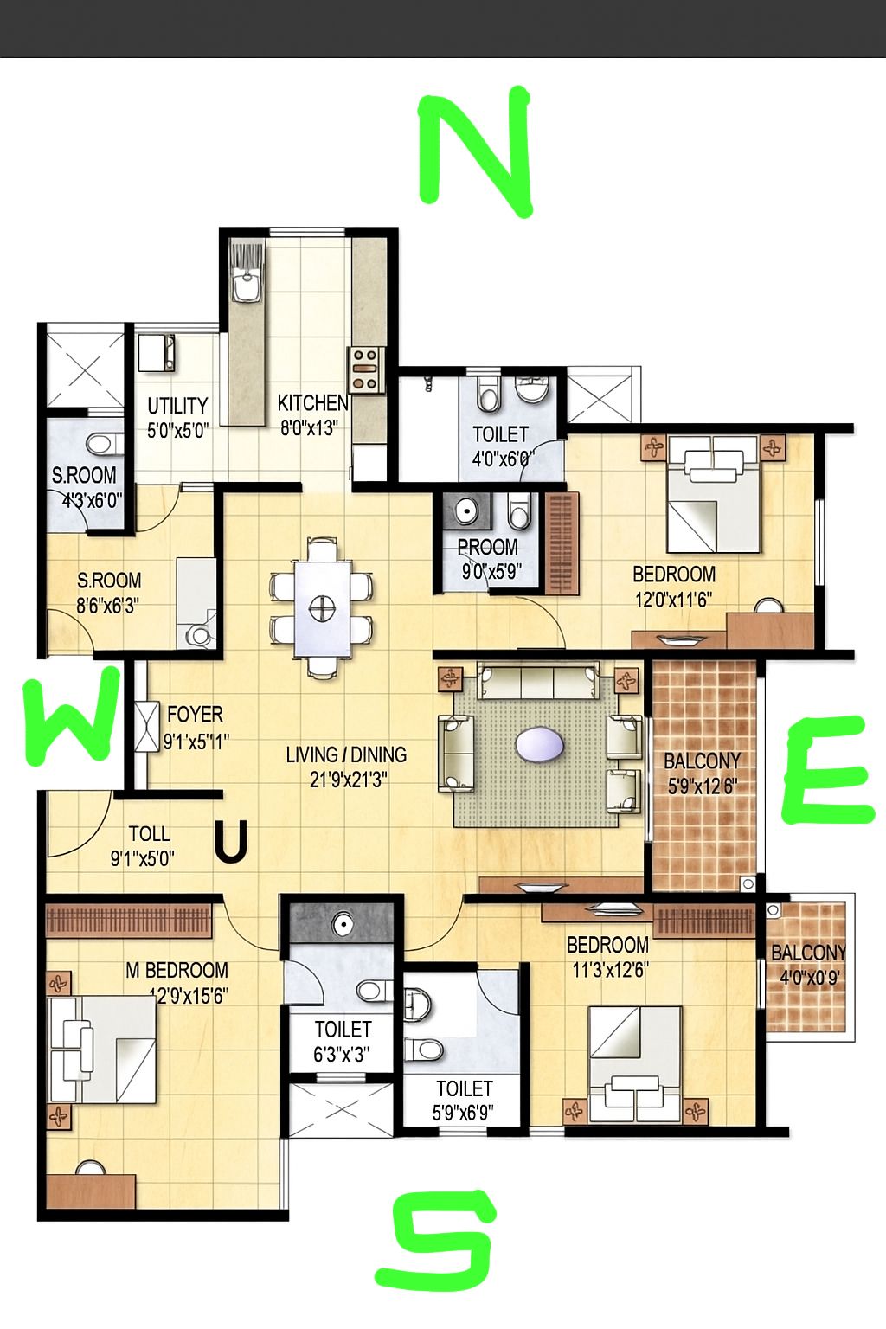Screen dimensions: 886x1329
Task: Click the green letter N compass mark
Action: (475, 151)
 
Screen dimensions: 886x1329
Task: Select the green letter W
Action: (70, 715)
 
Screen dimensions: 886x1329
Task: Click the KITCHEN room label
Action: (312, 403)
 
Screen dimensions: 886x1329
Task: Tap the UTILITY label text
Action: (177, 406)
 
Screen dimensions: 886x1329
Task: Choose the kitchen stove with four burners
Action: (365, 369)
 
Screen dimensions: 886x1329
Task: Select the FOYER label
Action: (196, 715)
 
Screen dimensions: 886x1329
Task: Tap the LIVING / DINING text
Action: (347, 754)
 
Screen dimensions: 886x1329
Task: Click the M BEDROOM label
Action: (177, 970)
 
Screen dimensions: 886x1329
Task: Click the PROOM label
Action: (488, 547)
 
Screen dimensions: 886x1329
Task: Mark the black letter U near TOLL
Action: (230, 841)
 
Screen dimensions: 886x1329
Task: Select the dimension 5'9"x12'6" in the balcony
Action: (703, 786)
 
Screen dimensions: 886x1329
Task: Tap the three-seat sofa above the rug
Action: (537, 683)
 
